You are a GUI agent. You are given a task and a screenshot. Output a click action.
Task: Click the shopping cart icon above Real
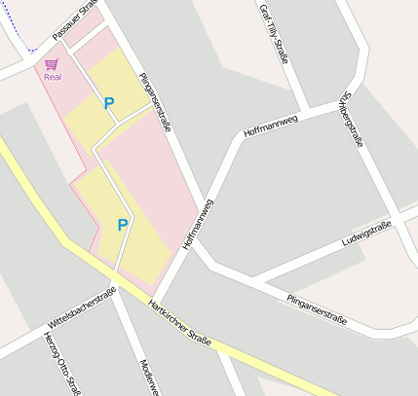pyautogui.click(x=52, y=63)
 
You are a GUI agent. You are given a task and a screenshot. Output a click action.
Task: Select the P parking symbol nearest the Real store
pyautogui.click(x=109, y=102)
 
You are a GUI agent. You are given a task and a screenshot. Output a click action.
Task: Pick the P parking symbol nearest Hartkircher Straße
pyautogui.click(x=122, y=225)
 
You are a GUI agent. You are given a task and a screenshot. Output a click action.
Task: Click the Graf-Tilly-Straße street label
pyautogui.click(x=274, y=33)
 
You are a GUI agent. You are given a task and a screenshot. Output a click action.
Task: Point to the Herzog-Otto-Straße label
pyautogui.click(x=60, y=364)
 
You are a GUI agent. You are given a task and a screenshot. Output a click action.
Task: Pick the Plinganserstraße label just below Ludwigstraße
pyautogui.click(x=317, y=306)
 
